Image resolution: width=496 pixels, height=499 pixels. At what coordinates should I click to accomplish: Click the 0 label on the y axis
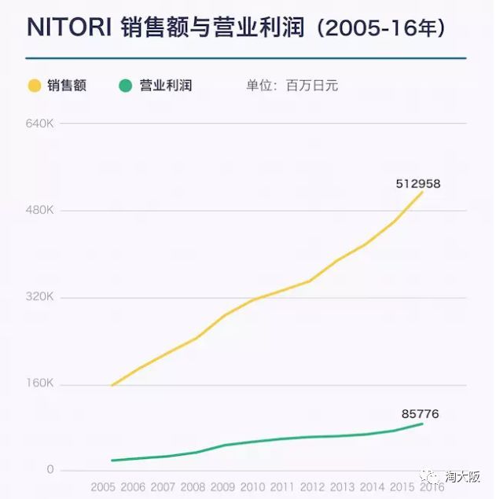point(50,470)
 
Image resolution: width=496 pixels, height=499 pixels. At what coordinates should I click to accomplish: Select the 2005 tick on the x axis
point(104,487)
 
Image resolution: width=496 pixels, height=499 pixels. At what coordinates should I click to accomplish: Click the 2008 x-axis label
point(193,487)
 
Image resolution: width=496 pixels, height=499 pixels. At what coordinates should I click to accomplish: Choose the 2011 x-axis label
point(282,487)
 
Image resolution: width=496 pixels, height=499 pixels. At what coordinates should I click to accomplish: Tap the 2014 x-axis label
point(372,487)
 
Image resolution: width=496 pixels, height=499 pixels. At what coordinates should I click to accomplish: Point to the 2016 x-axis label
point(431,487)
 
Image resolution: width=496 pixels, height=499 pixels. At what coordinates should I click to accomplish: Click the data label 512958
point(417,184)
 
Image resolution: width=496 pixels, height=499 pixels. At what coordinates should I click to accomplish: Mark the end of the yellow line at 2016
point(423,192)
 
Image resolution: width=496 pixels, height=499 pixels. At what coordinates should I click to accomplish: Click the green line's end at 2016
point(423,424)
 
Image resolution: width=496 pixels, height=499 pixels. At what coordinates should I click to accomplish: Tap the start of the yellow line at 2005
point(112,386)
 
